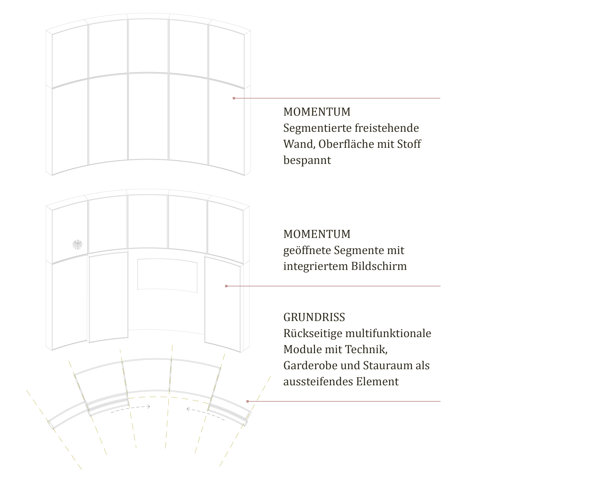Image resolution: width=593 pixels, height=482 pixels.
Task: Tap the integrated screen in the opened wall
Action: [167, 275]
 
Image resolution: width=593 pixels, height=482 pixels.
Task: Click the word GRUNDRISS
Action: [314, 317]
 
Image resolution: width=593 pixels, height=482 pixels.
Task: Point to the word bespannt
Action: [307, 160]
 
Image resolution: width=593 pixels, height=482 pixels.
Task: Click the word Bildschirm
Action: [379, 266]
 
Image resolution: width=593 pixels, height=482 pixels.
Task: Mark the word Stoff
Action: [409, 144]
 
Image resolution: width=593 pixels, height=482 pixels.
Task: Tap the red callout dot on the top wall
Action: [234, 98]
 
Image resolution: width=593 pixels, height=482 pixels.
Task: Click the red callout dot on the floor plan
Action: [247, 401]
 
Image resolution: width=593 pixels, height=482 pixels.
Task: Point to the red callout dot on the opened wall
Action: [226, 286]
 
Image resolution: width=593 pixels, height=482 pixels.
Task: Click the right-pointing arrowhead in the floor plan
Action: [149, 407]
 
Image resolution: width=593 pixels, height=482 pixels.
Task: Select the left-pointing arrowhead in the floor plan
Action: [188, 409]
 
